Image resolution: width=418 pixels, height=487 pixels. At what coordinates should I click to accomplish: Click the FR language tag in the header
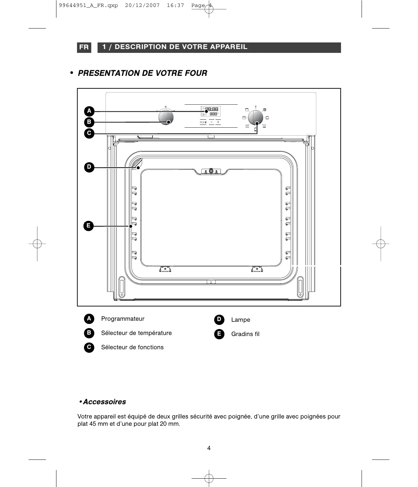[x=84, y=47]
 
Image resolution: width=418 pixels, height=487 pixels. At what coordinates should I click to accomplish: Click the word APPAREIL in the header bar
[x=230, y=47]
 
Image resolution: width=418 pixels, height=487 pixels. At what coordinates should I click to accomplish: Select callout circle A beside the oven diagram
[x=89, y=111]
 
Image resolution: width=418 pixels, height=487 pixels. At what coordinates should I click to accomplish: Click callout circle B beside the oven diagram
[x=89, y=122]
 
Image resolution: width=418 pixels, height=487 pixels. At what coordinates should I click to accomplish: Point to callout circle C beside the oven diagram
[x=89, y=133]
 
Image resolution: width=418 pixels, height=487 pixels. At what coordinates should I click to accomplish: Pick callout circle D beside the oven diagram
[x=89, y=167]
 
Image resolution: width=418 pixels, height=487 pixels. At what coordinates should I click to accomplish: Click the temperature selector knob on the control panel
[x=165, y=117]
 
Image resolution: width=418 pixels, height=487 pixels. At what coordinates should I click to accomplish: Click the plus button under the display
[x=218, y=122]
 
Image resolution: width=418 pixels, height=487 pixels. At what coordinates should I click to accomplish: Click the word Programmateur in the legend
[x=123, y=319]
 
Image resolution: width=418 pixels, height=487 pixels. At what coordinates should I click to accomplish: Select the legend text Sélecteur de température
[x=136, y=333]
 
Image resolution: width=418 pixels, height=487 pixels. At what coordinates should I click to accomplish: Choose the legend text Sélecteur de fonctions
[x=132, y=348]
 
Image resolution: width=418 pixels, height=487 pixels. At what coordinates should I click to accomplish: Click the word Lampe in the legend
[x=240, y=320]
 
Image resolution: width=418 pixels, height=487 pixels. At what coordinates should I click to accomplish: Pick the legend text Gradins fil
[x=245, y=334]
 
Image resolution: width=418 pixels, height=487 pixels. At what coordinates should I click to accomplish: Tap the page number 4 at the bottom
[x=209, y=448]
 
